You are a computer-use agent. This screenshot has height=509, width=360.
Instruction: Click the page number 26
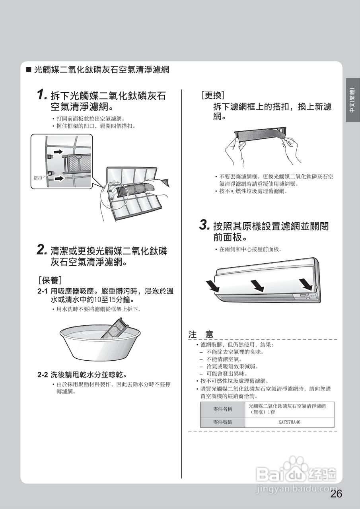tap(336, 494)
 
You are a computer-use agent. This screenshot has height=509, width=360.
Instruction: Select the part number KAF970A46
tap(289, 422)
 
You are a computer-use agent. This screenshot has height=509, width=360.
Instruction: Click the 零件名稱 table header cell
tap(223, 409)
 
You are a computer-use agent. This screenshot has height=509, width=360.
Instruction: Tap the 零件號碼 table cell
tap(223, 422)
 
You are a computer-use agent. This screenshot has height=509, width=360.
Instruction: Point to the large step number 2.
tap(42, 250)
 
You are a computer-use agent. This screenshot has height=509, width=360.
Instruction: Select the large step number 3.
tap(204, 225)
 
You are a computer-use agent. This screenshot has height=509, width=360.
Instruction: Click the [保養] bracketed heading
tap(50, 280)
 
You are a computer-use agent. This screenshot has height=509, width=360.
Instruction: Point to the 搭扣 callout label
tap(38, 178)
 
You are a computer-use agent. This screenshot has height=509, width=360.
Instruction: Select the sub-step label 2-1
tap(43, 291)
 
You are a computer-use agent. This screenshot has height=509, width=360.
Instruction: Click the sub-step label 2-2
tap(43, 375)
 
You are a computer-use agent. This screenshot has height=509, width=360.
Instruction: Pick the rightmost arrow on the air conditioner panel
tap(306, 284)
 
